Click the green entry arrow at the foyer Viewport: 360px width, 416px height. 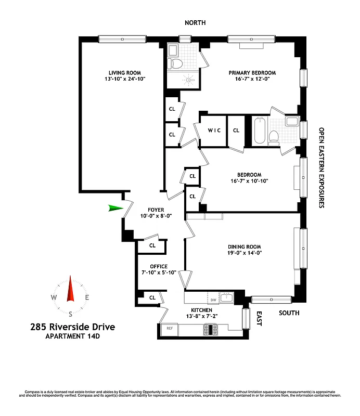[117, 209]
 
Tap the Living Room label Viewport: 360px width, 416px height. [124, 73]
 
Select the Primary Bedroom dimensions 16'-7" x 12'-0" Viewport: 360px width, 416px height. [252, 80]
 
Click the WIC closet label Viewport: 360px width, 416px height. [214, 130]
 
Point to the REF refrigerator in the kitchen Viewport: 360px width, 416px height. [169, 328]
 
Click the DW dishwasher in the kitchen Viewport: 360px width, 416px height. [212, 300]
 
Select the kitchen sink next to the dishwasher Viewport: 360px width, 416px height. [226, 298]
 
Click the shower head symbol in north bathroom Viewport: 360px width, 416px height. [188, 80]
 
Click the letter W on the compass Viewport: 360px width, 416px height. [54, 298]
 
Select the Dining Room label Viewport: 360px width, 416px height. [244, 246]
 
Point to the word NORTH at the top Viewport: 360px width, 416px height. [195, 23]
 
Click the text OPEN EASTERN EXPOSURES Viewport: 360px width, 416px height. [322, 168]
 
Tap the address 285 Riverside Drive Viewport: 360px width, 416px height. [72, 327]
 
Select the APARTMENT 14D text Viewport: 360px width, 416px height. [72, 337]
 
